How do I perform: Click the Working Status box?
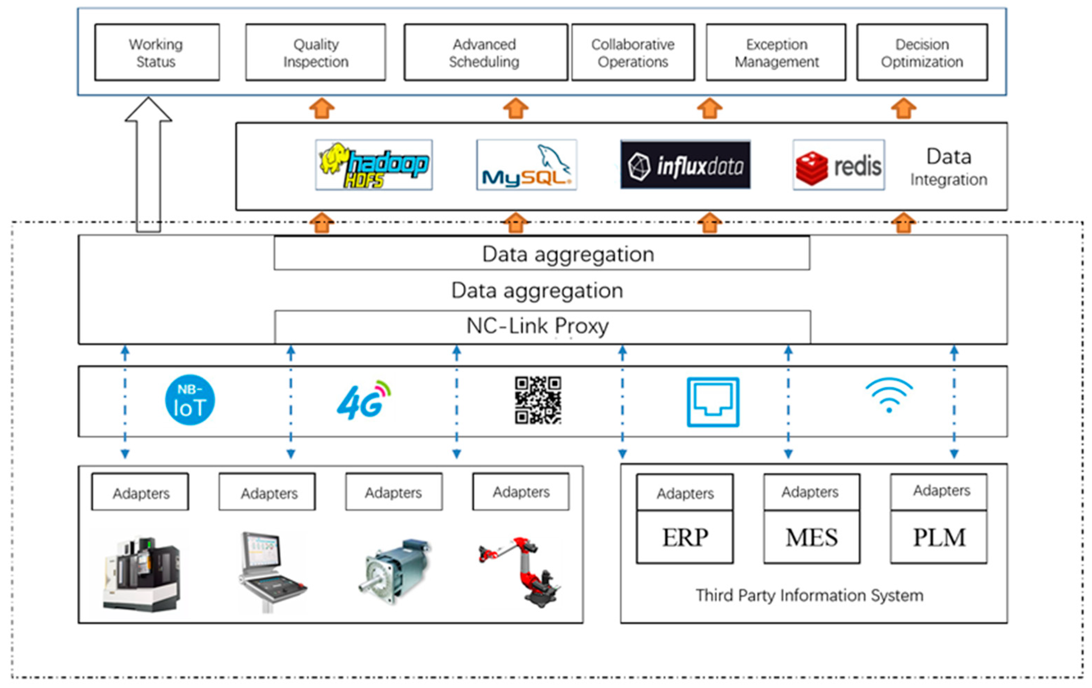pos(157,53)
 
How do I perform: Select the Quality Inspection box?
pos(316,53)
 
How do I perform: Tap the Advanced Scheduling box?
pos(485,53)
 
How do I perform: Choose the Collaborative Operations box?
pos(633,53)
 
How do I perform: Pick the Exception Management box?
pos(776,53)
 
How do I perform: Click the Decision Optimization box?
pos(922,53)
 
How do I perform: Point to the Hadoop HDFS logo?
pos(374,165)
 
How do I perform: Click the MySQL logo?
pos(527,165)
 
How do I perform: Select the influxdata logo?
pos(685,165)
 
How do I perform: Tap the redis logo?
pos(838,165)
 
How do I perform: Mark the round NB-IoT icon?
pos(190,400)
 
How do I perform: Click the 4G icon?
pos(363,400)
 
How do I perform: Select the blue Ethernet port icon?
pos(713,402)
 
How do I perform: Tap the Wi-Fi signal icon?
pos(889,395)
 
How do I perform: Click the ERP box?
pos(685,537)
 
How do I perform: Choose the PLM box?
pos(939,537)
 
